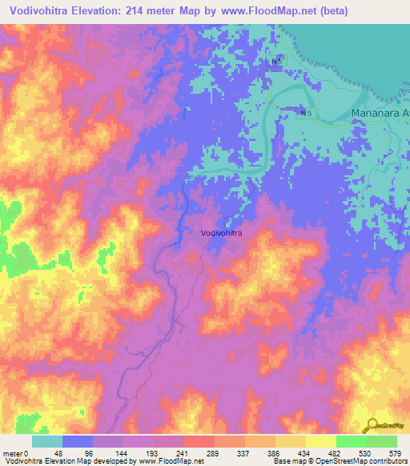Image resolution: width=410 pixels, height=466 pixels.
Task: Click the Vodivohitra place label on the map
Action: click(x=222, y=233)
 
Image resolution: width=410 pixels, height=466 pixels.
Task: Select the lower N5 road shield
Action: click(x=306, y=114)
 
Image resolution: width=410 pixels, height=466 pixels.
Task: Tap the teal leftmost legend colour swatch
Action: click(x=46, y=441)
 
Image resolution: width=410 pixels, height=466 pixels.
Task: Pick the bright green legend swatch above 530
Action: click(x=351, y=441)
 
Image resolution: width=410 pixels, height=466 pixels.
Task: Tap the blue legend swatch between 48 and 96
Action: click(x=77, y=441)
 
